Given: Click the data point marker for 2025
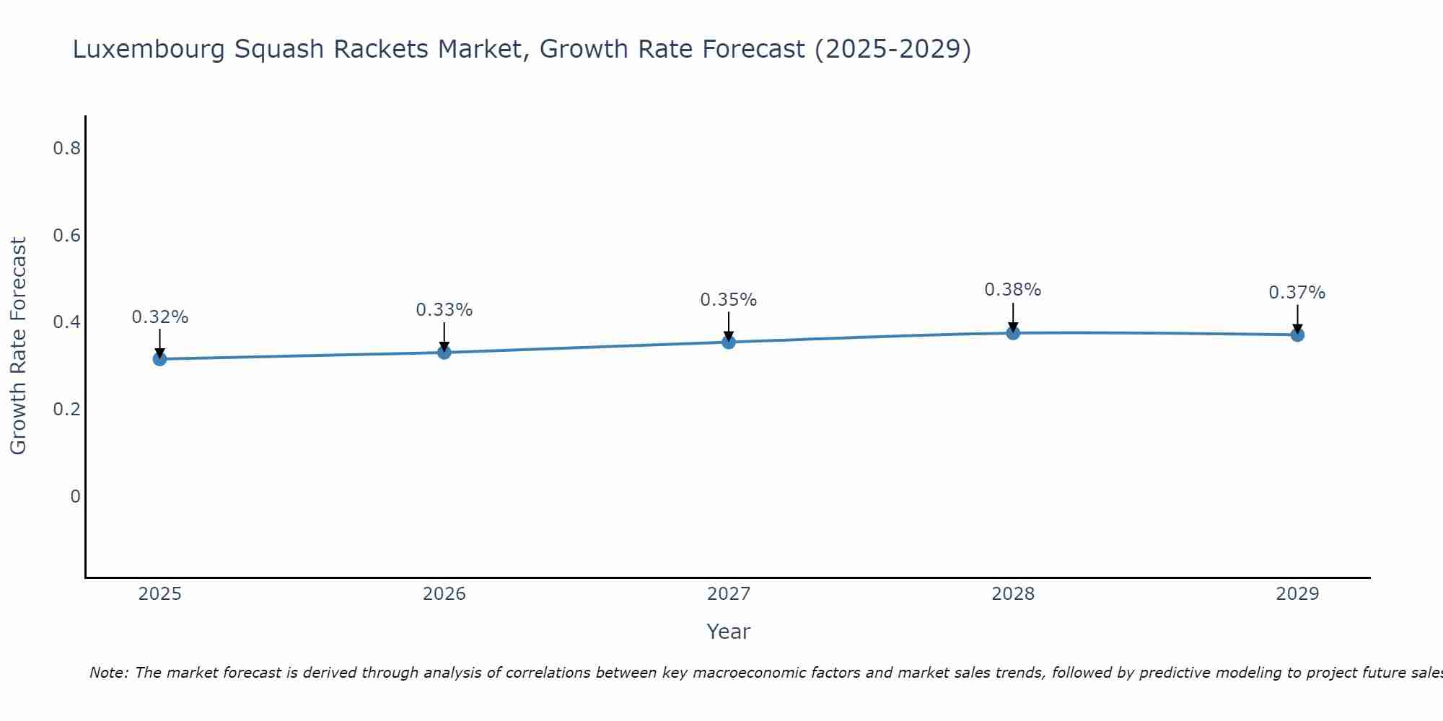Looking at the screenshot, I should pyautogui.click(x=159, y=359).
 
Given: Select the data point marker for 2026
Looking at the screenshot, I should pyautogui.click(x=444, y=353).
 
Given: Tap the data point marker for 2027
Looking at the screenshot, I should pyautogui.click(x=729, y=342).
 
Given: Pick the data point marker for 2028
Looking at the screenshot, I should pyautogui.click(x=1013, y=333).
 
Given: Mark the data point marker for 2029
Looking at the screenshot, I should pyautogui.click(x=1297, y=335).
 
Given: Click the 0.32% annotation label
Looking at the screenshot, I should pyautogui.click(x=159, y=317).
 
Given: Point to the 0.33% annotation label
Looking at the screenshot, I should pyautogui.click(x=444, y=310).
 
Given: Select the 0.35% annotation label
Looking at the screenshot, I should pyautogui.click(x=729, y=300).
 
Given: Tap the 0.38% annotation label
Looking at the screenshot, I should pyautogui.click(x=1013, y=290).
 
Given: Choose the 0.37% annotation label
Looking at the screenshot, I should pyautogui.click(x=1297, y=293).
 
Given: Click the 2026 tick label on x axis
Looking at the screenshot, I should pyautogui.click(x=444, y=594).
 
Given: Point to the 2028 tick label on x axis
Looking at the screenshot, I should pyautogui.click(x=1013, y=594).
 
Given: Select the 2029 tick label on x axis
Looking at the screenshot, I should pyautogui.click(x=1297, y=594).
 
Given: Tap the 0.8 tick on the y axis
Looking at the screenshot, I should pyautogui.click(x=66, y=149).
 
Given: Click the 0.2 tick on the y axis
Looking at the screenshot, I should pyautogui.click(x=66, y=410).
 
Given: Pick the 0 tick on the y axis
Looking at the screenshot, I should pyautogui.click(x=75, y=497).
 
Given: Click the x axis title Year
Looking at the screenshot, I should pyautogui.click(x=729, y=632).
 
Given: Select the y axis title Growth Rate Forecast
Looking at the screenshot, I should pyautogui.click(x=18, y=346).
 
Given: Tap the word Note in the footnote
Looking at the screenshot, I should pyautogui.click(x=108, y=673).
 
